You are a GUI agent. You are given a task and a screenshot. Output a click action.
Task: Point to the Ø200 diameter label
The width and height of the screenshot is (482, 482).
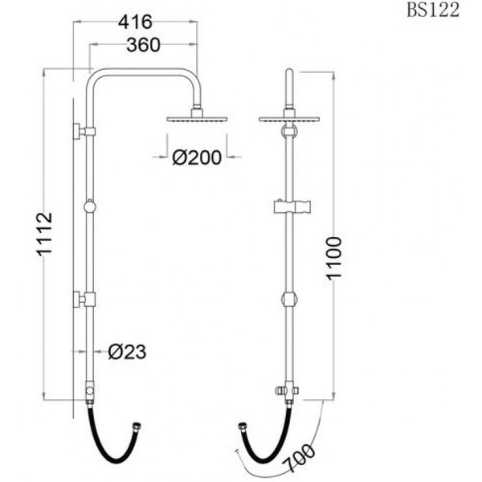pyautogui.click(x=197, y=158)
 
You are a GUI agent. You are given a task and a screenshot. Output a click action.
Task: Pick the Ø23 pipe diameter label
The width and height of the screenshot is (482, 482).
pyautogui.click(x=128, y=351)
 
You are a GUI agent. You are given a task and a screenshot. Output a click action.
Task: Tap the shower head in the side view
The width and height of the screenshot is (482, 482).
pyautogui.click(x=197, y=118)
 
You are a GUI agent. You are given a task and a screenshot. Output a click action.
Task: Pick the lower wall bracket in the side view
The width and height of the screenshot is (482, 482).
pyautogui.click(x=84, y=300)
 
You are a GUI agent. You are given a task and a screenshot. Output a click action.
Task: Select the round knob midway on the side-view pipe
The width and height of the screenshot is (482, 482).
pyautogui.click(x=90, y=207)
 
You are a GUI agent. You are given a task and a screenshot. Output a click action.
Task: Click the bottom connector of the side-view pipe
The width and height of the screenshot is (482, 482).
pyautogui.click(x=90, y=391)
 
